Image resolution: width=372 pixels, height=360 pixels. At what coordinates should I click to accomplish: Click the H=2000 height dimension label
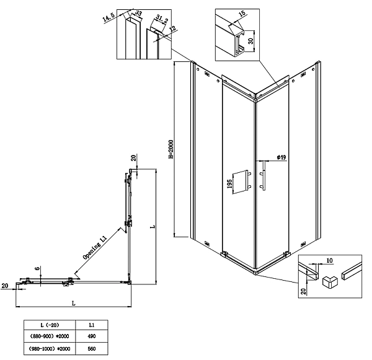coord(171,149)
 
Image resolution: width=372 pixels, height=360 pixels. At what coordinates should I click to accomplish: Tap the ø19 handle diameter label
coord(281,157)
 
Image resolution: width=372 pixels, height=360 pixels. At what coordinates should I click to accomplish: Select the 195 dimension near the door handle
coord(229,184)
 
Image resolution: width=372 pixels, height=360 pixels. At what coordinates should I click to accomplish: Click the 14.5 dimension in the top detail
coord(108,17)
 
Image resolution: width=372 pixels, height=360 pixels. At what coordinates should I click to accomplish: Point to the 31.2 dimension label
coord(162,19)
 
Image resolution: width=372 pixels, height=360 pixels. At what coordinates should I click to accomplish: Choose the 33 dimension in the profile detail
coord(138,13)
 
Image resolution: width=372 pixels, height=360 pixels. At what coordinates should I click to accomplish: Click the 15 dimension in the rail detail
coord(242,13)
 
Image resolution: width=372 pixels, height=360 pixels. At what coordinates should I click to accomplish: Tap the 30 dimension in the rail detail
coord(250,41)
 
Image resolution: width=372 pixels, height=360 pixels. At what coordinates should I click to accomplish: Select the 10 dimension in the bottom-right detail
coord(330,261)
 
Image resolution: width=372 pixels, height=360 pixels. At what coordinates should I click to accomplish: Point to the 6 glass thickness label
coord(37,268)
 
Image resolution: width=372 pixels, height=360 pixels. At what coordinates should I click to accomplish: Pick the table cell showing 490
coord(92,336)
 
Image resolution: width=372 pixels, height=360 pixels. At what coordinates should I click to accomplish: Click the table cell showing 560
coord(92,349)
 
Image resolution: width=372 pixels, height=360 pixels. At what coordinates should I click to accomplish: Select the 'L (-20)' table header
coord(50,325)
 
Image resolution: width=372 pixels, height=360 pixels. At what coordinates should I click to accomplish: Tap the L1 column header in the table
coord(92,325)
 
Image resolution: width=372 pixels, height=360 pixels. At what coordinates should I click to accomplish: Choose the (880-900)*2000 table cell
coord(50,336)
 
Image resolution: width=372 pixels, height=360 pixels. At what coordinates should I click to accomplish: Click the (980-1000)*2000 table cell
coord(50,349)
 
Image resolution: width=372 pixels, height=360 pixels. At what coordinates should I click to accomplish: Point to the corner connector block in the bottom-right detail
coord(329,281)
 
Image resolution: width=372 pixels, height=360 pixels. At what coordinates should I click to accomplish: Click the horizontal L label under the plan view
coord(74,303)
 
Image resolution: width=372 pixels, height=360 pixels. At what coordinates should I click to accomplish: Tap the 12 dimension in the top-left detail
coord(173,29)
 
